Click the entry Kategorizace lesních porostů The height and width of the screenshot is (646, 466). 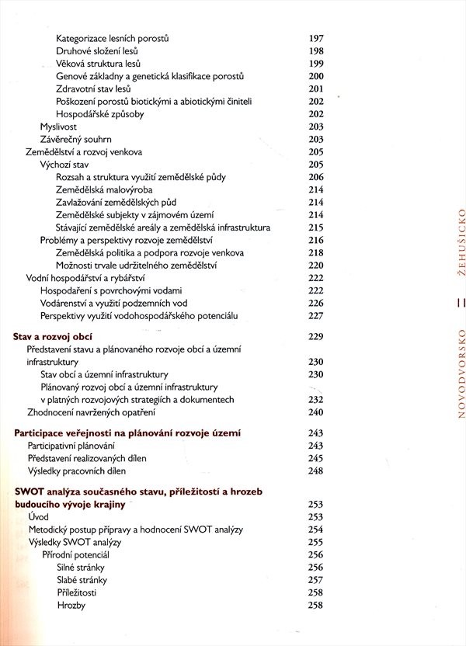pos(113,38)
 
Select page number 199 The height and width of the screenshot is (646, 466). pos(315,64)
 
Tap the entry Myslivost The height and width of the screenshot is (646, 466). pos(61,127)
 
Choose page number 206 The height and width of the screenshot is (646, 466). pos(315,177)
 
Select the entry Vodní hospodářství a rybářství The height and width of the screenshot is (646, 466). pos(85,278)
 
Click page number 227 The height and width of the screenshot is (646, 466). pos(315,316)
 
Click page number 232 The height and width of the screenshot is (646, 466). pos(315,399)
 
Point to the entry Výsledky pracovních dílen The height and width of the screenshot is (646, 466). pos(76,471)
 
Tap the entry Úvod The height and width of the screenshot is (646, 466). pos(38,516)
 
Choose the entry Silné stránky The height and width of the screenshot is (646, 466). pos(82,567)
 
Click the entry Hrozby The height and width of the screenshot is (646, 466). pos(71,605)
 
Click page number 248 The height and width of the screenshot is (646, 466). pos(315,471)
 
